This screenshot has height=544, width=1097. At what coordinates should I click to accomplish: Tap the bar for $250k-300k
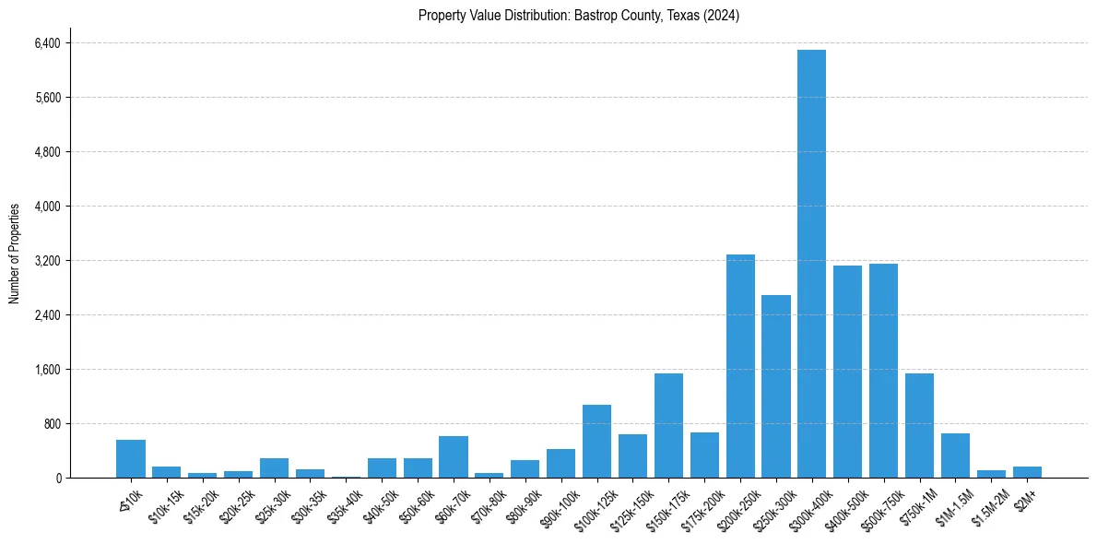point(775,386)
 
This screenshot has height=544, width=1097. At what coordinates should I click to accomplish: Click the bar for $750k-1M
point(919,425)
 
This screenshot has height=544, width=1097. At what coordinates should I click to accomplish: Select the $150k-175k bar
point(668,425)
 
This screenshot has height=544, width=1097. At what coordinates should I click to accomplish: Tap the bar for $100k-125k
point(596,441)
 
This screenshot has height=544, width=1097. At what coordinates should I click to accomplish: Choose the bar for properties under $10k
point(131,458)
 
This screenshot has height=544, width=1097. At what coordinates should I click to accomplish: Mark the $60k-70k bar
point(453,456)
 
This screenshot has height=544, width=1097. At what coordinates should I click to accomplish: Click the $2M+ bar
point(1027,472)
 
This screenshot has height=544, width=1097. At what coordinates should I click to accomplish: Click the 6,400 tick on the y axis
point(46,43)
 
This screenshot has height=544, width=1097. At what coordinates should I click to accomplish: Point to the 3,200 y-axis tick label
point(46,261)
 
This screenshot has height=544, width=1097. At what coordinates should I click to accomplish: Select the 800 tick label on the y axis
point(51,424)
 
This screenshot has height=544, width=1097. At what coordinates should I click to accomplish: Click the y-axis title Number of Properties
point(15,254)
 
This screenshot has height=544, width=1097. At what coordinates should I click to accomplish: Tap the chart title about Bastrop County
point(579,16)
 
